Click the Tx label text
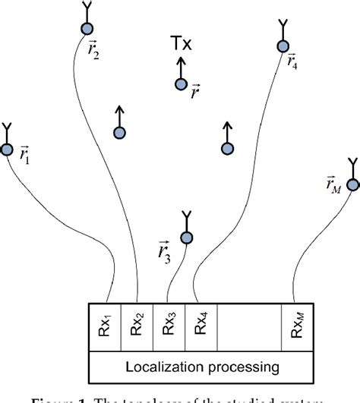(x=181, y=46)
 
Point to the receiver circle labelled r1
(x=7, y=150)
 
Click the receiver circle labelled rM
(x=352, y=184)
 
